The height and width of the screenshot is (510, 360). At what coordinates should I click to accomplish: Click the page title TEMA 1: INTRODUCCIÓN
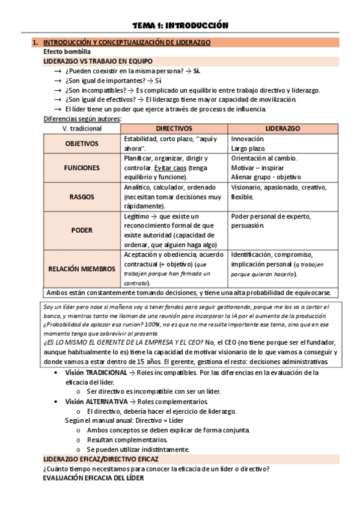click(x=180, y=25)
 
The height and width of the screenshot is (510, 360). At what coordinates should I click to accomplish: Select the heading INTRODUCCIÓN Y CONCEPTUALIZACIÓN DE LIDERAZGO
click(x=127, y=43)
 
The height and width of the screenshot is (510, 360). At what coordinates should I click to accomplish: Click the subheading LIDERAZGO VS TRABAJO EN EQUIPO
click(x=98, y=61)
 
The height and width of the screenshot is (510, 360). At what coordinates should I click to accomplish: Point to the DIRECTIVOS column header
click(x=174, y=129)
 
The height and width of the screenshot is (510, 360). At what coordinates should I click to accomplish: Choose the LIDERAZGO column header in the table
click(x=282, y=129)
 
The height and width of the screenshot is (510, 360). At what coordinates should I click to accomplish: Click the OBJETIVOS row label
click(x=82, y=144)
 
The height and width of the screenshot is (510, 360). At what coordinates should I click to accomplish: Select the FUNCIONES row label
click(x=82, y=168)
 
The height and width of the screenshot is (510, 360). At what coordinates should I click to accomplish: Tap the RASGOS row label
click(x=82, y=196)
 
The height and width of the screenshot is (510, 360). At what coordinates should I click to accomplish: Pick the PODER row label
click(x=82, y=230)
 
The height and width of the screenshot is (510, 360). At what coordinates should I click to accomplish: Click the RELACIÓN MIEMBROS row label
click(x=82, y=269)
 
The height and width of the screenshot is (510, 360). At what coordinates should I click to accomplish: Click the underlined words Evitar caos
click(x=172, y=168)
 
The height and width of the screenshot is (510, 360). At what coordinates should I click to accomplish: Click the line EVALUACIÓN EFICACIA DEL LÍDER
click(x=93, y=478)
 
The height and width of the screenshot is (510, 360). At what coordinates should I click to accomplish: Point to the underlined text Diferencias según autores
click(x=82, y=119)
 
